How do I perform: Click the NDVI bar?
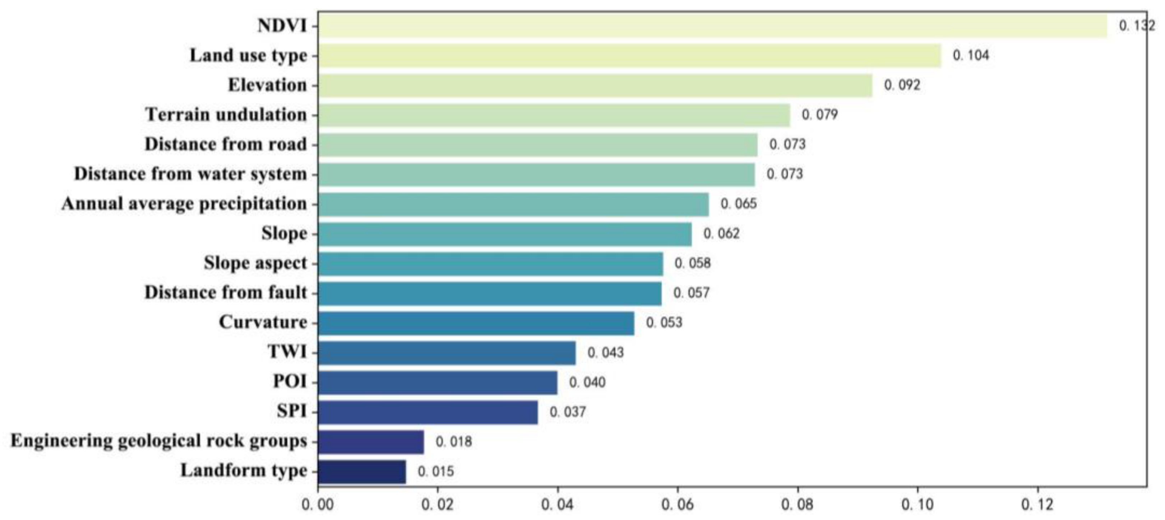[x=713, y=26]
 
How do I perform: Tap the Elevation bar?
[x=595, y=85]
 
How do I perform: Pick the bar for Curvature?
[x=476, y=323]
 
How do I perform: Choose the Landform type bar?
[x=362, y=471]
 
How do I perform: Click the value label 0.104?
[x=971, y=55]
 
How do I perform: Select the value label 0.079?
[x=819, y=114]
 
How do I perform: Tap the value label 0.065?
[x=739, y=204]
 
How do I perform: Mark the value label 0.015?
[x=435, y=471]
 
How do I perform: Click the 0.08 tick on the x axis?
[x=798, y=504]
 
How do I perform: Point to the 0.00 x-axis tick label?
[x=318, y=504]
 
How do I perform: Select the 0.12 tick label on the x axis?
[x=1037, y=504]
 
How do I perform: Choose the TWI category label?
[x=287, y=352]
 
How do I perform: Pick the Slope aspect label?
[x=255, y=263]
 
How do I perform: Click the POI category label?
[x=290, y=382]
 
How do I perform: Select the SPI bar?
[x=428, y=412]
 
